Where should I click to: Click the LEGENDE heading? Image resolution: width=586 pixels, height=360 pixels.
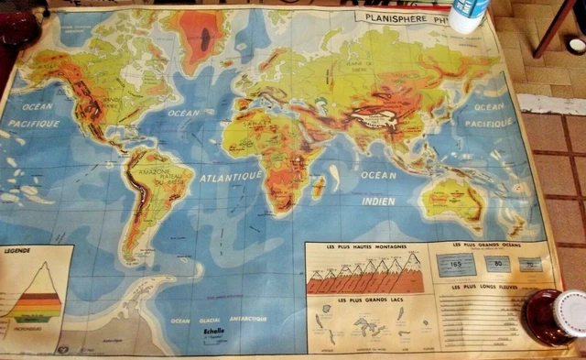(19, 249)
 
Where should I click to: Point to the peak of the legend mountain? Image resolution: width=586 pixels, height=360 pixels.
(41, 264)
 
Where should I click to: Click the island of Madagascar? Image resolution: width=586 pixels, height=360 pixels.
(319, 188)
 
